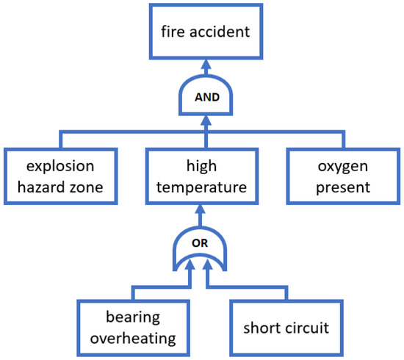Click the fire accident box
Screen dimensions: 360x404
click(x=206, y=32)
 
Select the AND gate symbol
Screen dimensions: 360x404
click(x=206, y=96)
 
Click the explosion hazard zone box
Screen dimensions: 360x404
click(x=61, y=176)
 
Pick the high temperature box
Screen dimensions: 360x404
click(x=201, y=176)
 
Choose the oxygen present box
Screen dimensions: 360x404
click(x=342, y=176)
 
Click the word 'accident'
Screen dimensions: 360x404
click(x=219, y=32)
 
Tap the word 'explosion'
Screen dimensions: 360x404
click(x=61, y=167)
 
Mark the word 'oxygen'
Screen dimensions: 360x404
click(x=342, y=167)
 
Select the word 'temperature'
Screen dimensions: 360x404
click(x=201, y=187)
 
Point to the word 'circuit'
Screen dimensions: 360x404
click(x=308, y=327)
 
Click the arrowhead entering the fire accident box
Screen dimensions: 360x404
click(x=206, y=65)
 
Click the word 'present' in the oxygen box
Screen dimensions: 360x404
click(x=342, y=187)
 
